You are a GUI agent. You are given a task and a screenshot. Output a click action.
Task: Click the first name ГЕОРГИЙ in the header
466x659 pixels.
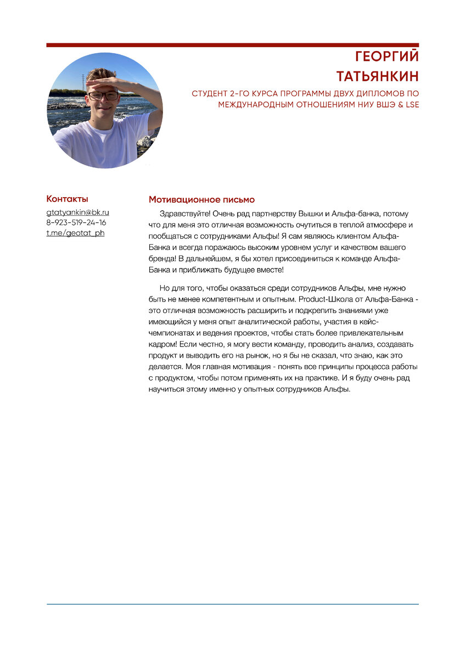pos(386,57)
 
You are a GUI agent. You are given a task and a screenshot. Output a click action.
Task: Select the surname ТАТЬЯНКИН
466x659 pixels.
pos(377,75)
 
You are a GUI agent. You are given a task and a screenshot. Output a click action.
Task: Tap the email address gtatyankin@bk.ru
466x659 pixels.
pos(77,212)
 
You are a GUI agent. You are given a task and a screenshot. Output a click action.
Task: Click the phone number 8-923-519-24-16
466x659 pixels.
pos(76,222)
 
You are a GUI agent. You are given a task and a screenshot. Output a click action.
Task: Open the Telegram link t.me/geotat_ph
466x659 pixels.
pos(75,233)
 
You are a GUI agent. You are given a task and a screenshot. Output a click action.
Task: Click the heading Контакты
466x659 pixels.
pos(67,199)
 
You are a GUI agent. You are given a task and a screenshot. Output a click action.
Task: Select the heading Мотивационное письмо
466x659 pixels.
pos(201,199)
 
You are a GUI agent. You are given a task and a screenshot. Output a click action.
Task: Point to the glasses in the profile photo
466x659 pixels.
pos(103,95)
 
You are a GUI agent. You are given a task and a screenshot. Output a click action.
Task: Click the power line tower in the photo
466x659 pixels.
pos(83,82)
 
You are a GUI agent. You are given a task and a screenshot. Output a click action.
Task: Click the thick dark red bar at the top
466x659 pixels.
pos(232,45)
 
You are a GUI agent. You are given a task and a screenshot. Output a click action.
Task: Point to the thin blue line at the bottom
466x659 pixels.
pos(232,604)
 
